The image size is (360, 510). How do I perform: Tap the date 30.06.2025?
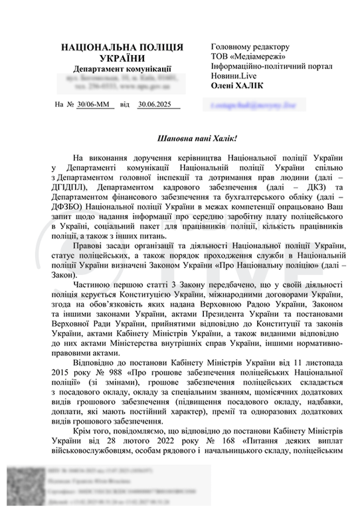155,104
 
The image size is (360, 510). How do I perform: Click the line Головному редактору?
250,47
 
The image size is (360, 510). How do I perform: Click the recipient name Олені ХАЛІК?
238,87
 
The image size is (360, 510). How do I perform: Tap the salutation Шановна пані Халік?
197,139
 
